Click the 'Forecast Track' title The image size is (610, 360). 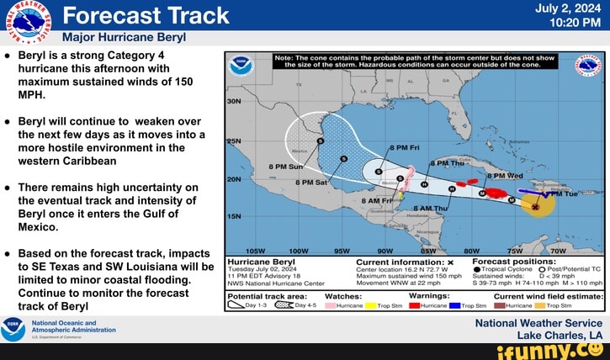pyautogui.click(x=146, y=15)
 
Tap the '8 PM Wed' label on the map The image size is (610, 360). pyautogui.click(x=508, y=176)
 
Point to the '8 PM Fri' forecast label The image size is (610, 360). pyautogui.click(x=404, y=146)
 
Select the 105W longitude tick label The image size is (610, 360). pyautogui.click(x=253, y=251)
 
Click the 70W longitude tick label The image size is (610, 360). pyautogui.click(x=558, y=251)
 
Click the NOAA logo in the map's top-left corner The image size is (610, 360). pyautogui.click(x=241, y=63)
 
